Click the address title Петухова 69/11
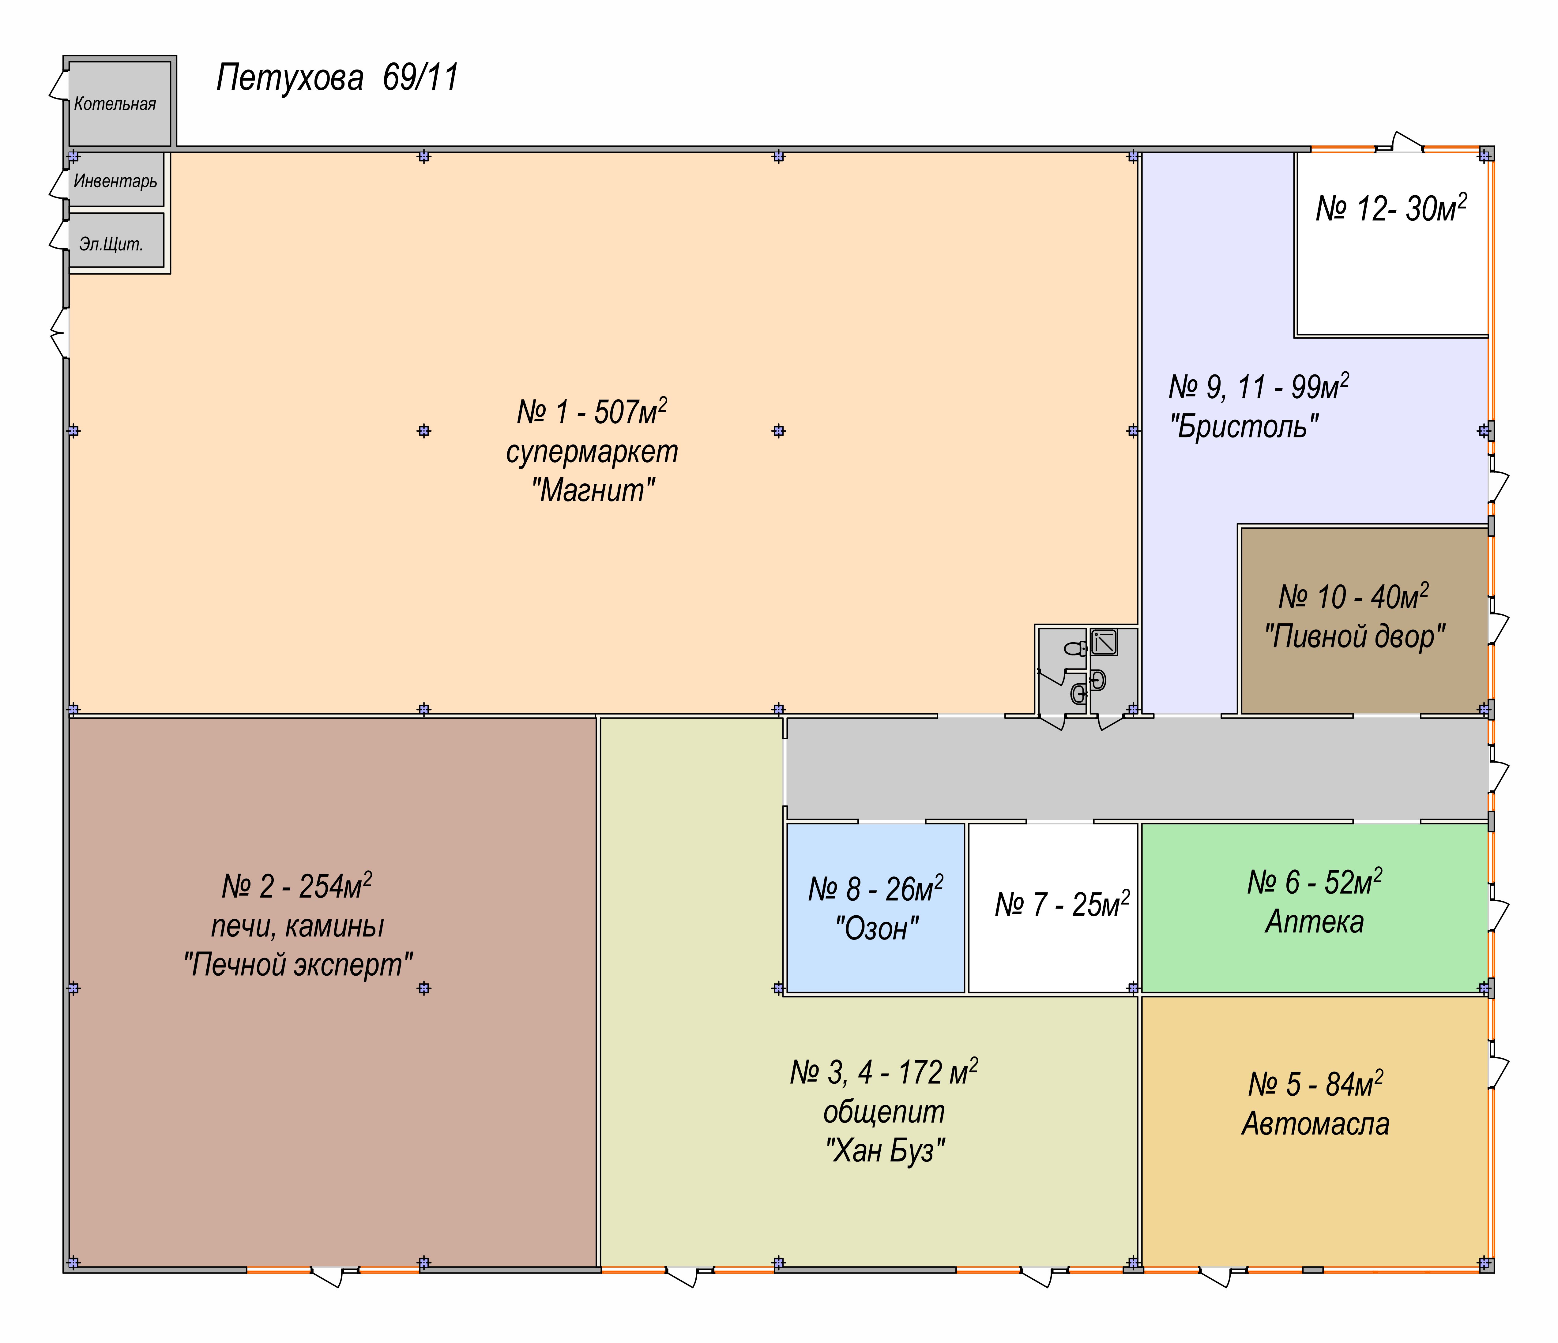tap(338, 77)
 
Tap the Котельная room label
tap(115, 104)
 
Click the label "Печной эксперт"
tap(299, 964)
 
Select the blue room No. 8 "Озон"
tap(875, 908)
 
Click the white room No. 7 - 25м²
tap(1053, 908)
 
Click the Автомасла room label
tap(1315, 1124)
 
